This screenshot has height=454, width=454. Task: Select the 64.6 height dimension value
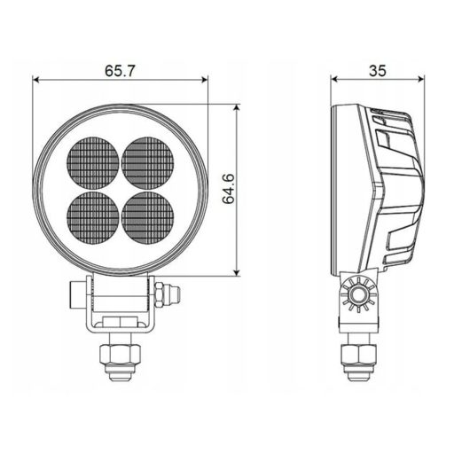coord(228,190)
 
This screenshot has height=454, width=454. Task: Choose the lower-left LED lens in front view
coord(93,215)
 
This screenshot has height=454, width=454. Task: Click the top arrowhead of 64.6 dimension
coord(237,108)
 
